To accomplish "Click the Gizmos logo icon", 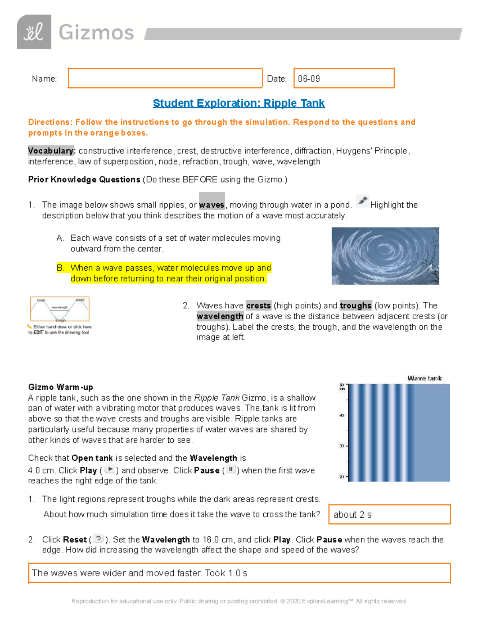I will tap(34, 32).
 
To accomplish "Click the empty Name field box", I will tap(165, 78).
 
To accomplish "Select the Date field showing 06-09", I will tap(344, 78).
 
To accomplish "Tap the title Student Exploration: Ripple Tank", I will tap(239, 103).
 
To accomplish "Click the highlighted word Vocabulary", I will tap(51, 151).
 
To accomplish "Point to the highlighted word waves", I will tap(212, 204).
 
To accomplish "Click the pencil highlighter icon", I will tap(362, 201).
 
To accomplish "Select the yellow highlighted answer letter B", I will tap(61, 268).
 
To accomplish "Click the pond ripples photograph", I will tap(385, 256).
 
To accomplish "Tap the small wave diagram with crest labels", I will tap(60, 309).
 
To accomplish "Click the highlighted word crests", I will tap(259, 306).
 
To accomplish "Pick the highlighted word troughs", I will tap(356, 306).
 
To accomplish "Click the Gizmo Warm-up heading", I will tap(61, 387).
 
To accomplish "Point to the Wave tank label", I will tap(425, 378).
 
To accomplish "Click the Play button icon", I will tap(110, 470).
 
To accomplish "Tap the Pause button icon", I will tap(231, 470).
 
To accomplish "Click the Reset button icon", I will tap(98, 539).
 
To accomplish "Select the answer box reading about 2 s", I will tap(389, 514).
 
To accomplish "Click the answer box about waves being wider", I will tap(239, 573).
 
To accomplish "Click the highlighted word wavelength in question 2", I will tap(220, 316).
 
